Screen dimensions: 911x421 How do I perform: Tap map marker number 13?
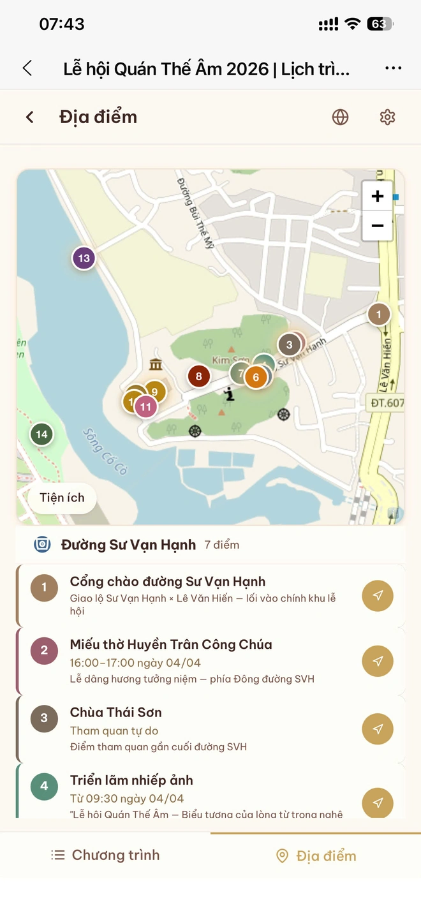84,258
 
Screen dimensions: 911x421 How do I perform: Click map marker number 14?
41,434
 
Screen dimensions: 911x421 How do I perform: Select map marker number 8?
199,376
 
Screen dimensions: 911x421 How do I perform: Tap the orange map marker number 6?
256,377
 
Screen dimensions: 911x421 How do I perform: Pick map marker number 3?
289,345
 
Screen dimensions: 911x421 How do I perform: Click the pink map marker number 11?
145,406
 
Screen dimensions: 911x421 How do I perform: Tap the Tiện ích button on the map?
62,498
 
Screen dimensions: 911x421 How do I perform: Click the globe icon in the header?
341,117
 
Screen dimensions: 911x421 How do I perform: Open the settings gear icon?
387,117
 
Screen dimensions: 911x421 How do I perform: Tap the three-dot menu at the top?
394,68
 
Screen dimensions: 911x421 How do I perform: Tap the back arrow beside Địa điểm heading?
30,117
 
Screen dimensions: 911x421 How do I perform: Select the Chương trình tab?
106,855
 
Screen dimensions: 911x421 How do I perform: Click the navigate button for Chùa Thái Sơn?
378,729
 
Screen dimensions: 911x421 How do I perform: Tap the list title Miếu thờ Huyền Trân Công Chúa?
171,644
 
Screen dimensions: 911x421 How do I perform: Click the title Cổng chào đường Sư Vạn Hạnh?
168,581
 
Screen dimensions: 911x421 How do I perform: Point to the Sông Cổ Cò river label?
105,450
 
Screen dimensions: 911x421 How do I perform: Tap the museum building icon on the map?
155,364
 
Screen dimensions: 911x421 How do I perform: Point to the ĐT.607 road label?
387,403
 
